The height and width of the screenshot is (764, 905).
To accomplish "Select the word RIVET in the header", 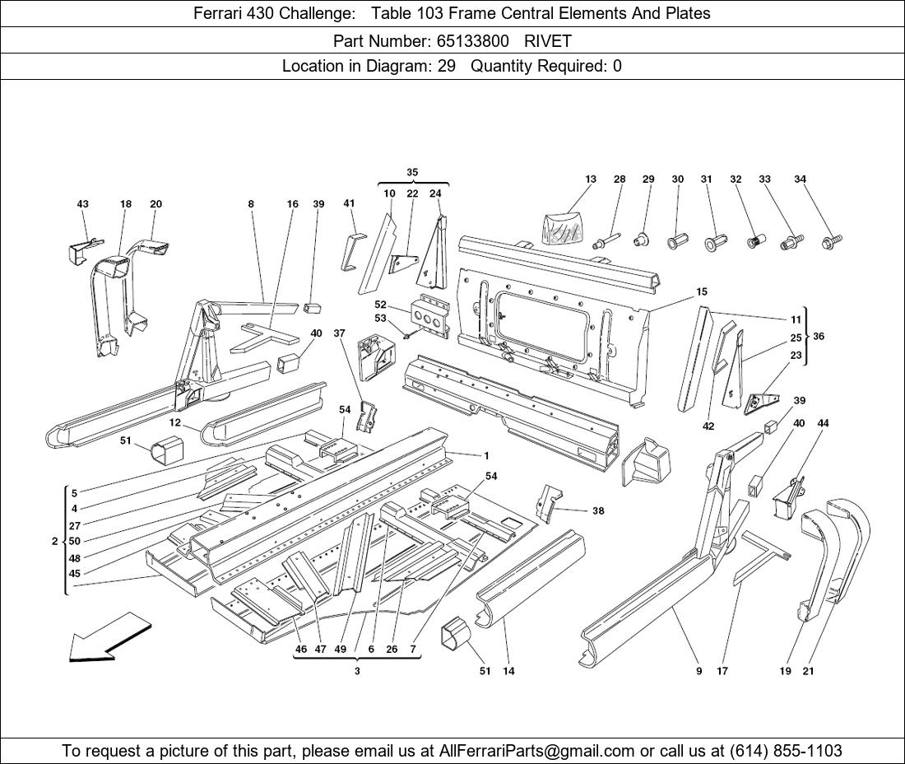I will (548, 40).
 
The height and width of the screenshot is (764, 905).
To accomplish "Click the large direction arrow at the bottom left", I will (109, 637).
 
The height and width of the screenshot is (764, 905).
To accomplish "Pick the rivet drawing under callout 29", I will (642, 240).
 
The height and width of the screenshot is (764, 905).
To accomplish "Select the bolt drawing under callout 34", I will (831, 242).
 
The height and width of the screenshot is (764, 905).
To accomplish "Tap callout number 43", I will (82, 204).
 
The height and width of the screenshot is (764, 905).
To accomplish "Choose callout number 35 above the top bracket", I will (412, 172).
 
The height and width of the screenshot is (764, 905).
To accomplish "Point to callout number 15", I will (701, 291).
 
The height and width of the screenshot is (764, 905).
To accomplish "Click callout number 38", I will (598, 510).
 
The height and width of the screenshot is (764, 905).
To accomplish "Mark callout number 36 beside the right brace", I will (818, 336).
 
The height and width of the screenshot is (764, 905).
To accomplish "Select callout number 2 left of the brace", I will (54, 541).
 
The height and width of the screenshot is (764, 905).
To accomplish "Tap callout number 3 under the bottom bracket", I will (357, 671).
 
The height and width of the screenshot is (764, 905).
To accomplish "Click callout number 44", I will (823, 423).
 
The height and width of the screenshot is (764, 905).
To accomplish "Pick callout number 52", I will (380, 305).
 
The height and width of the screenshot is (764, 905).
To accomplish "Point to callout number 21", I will (808, 671).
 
